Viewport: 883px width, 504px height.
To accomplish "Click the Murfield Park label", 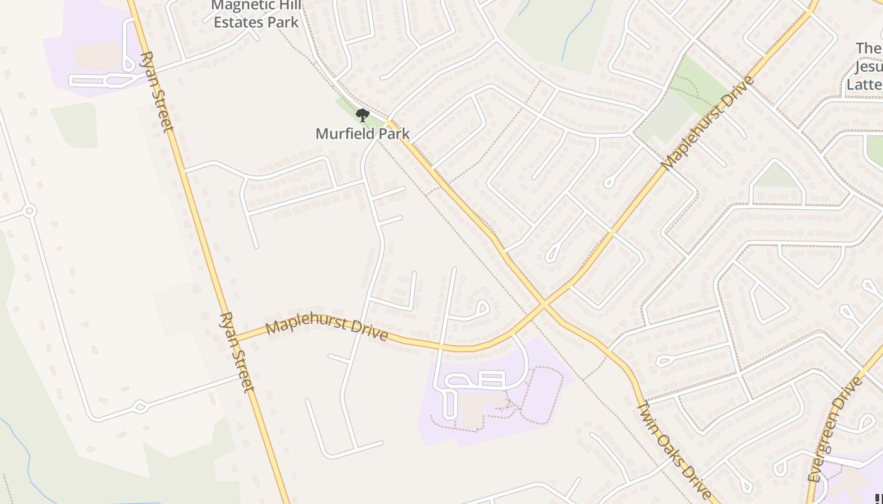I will tap(362, 134).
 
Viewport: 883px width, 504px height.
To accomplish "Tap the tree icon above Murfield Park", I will tap(362, 115).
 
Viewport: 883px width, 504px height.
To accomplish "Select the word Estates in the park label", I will tap(236, 23).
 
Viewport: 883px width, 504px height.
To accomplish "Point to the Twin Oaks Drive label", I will tap(674, 450).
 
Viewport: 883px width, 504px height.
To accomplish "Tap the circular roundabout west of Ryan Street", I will tap(28, 210).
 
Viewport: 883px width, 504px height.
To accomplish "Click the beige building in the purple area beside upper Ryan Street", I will tap(98, 55).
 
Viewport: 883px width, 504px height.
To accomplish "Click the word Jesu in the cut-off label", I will tap(868, 66).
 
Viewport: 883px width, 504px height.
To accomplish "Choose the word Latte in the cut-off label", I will tap(865, 84).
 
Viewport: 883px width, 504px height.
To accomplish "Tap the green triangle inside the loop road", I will tap(777, 176).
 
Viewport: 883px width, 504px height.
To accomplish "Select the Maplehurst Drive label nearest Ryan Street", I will tap(326, 329).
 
